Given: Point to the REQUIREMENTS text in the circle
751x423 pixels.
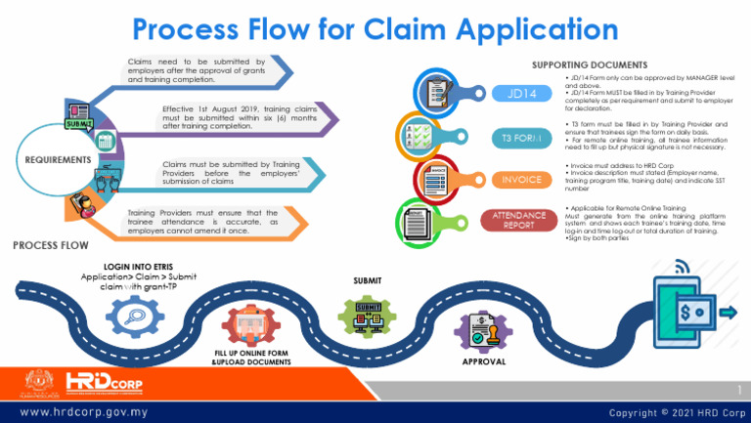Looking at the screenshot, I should coord(60,159).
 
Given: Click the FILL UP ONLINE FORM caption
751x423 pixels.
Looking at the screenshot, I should coord(251,356).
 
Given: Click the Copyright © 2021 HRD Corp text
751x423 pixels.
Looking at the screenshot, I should coord(675,412).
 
